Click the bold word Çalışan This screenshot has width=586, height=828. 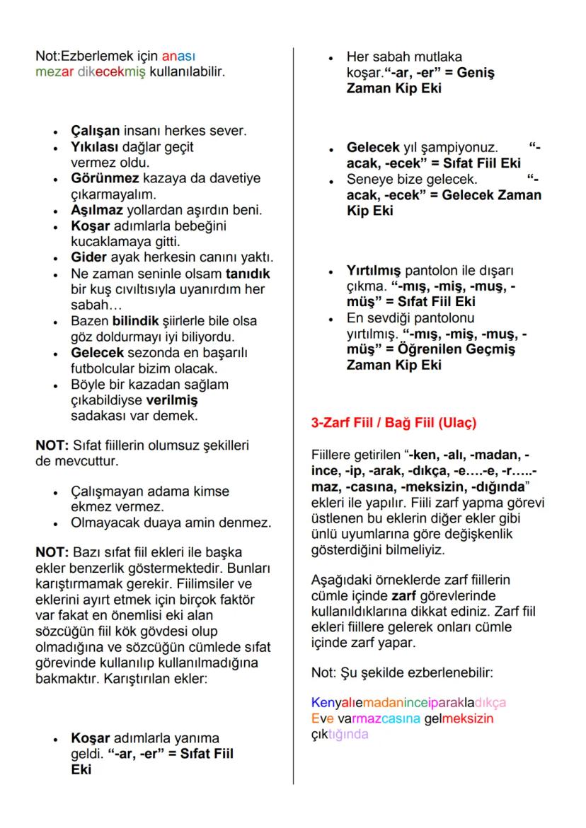pos(96,131)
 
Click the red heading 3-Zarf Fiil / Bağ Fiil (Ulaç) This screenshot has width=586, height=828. pos(394,424)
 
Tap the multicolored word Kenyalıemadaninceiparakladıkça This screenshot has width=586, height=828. pos(408,703)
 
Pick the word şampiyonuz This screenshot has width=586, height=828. pos(462,148)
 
